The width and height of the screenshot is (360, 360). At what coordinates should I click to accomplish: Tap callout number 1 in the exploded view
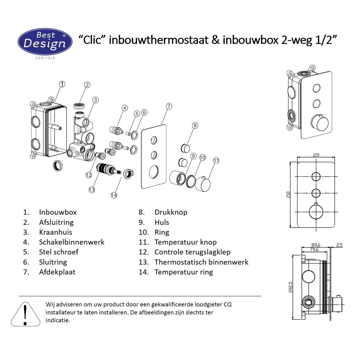pyautogui.click(x=62, y=84)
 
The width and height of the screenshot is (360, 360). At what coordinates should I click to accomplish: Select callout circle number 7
pyautogui.click(x=169, y=106)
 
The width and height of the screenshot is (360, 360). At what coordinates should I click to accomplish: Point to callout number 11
pyautogui.click(x=216, y=160)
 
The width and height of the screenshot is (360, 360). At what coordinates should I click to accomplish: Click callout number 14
pyautogui.click(x=114, y=195)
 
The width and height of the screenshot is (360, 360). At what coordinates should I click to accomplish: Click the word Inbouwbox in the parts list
pyautogui.click(x=58, y=212)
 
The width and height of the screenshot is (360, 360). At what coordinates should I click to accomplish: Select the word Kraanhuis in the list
pyautogui.click(x=56, y=232)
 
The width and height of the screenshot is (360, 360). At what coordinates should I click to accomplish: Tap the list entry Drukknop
pyautogui.click(x=171, y=212)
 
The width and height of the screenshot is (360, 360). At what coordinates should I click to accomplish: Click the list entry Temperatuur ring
pyautogui.click(x=184, y=272)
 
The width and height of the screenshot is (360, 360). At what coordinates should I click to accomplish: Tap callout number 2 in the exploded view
pyautogui.click(x=87, y=85)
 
